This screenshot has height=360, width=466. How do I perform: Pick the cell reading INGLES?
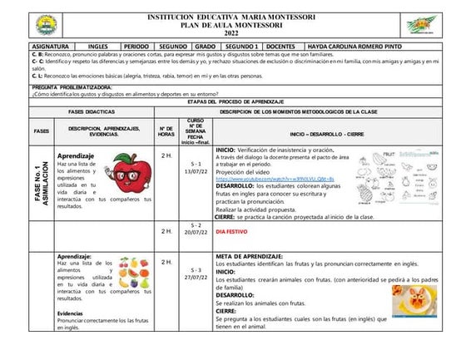tap(98, 47)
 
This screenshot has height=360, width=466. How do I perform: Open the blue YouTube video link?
tap(275, 179)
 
